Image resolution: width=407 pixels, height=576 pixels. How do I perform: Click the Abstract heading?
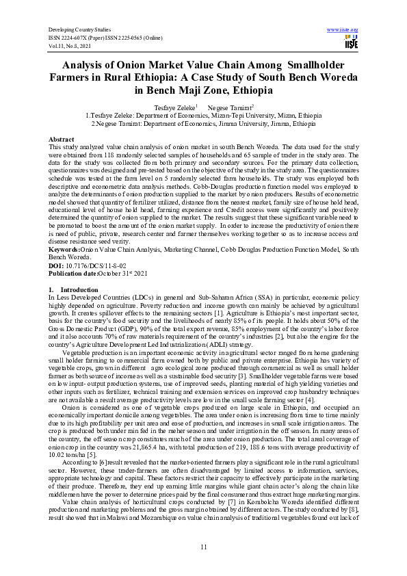coord(62,138)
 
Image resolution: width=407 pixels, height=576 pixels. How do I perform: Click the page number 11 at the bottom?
coord(203,547)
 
